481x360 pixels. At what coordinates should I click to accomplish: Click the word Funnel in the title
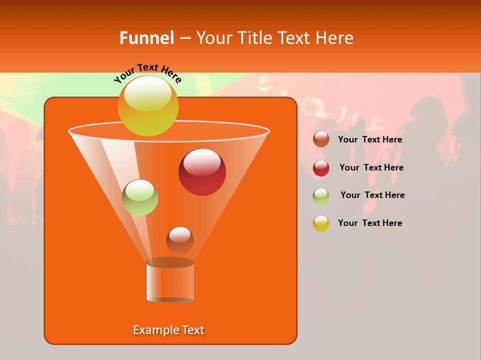click(146, 38)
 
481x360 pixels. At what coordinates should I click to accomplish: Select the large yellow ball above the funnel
click(148, 105)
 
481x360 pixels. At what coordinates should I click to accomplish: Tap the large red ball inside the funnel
click(202, 172)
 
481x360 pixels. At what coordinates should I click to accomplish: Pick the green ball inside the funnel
click(140, 197)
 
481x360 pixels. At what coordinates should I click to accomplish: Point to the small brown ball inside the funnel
click(180, 240)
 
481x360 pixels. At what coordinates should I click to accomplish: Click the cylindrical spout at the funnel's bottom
click(170, 283)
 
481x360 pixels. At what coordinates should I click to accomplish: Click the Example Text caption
click(169, 330)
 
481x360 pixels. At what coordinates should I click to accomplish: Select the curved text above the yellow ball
click(147, 72)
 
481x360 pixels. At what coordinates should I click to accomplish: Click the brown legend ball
click(321, 139)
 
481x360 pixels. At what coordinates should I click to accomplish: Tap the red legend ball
click(321, 168)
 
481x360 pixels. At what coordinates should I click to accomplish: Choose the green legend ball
click(321, 196)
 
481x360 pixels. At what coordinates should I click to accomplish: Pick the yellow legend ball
click(321, 223)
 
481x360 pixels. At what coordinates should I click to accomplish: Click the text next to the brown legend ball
click(370, 140)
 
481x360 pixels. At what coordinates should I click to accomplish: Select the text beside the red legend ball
click(371, 168)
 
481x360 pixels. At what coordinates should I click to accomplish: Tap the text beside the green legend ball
click(372, 195)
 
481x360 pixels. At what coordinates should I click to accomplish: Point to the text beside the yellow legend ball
click(370, 223)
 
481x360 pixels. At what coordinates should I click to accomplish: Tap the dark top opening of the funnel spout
click(170, 262)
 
